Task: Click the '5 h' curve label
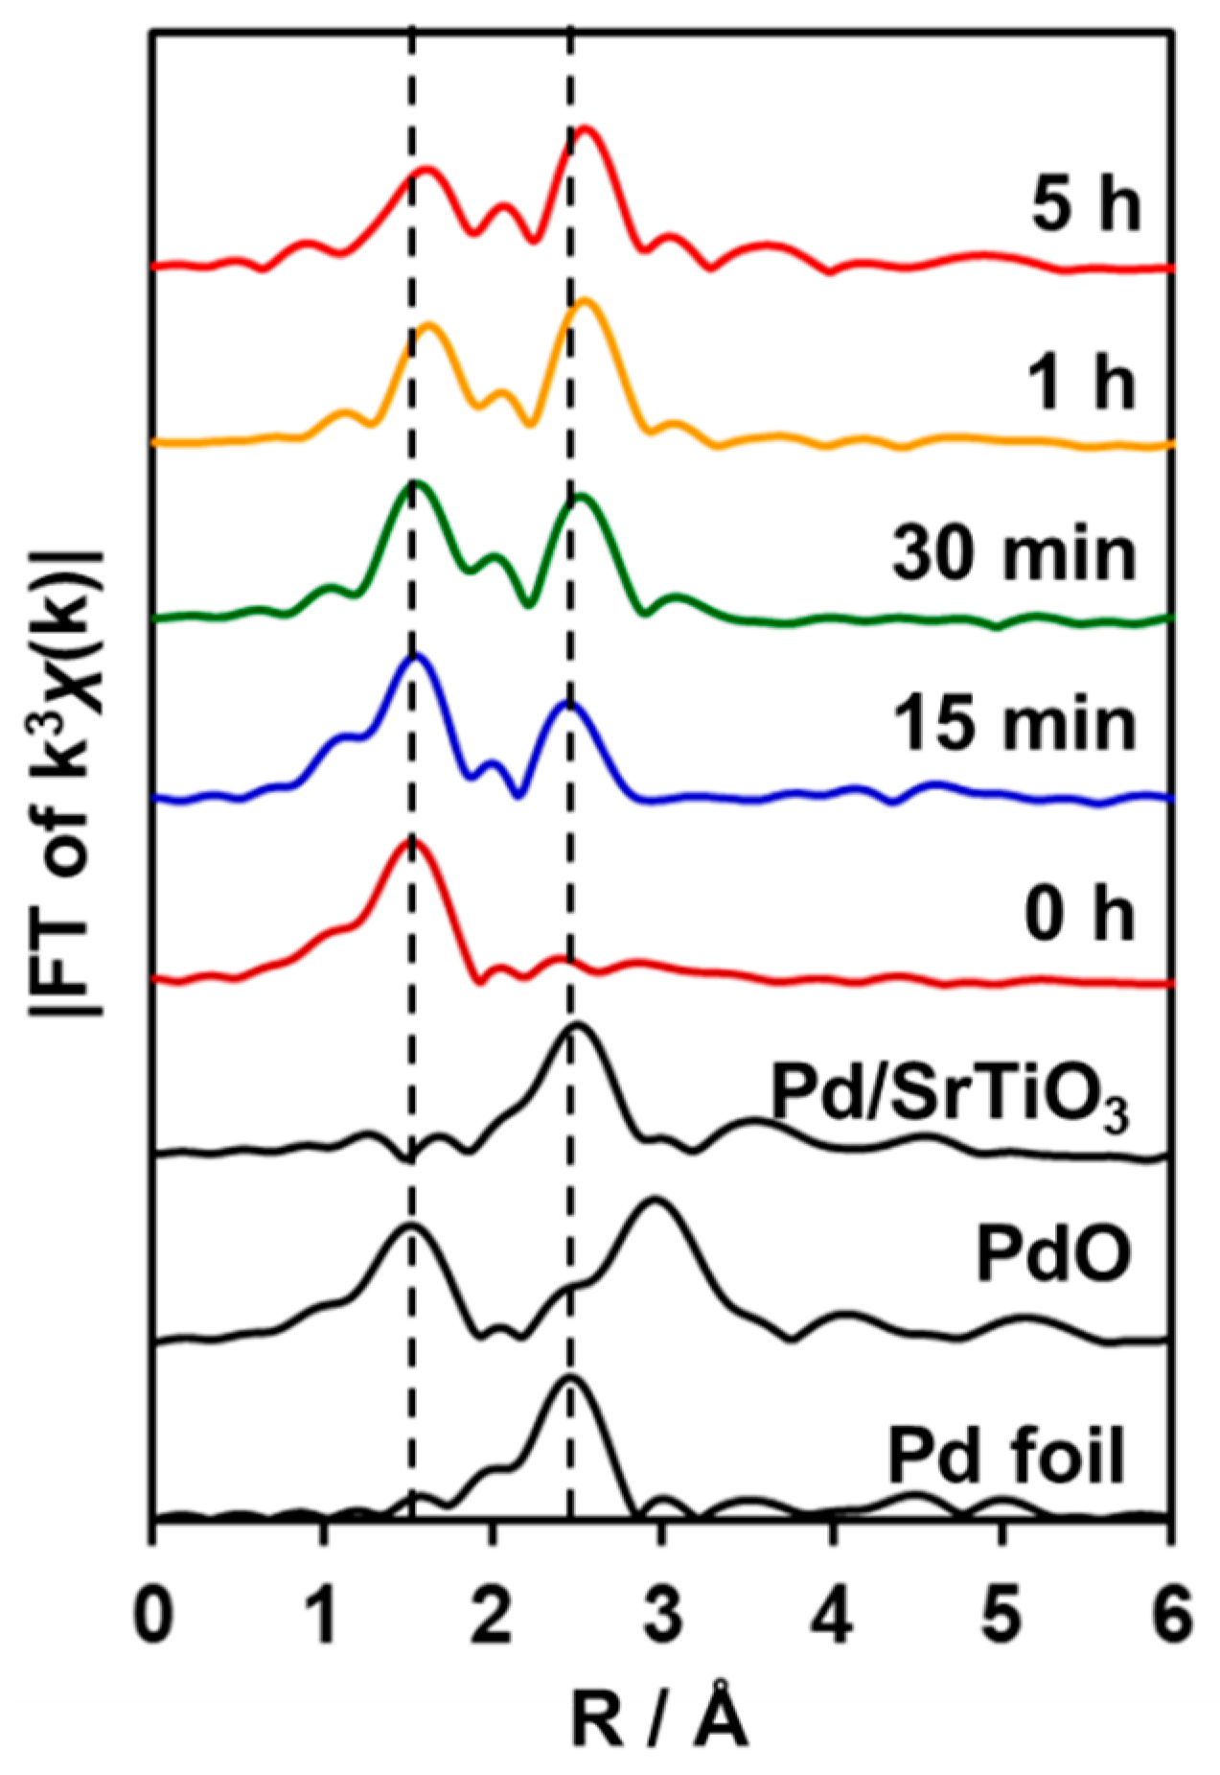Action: (1086, 204)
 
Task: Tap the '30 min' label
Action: (1014, 553)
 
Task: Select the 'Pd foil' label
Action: (1005, 1457)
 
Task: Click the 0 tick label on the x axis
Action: (153, 1611)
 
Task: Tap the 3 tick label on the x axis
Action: (662, 1611)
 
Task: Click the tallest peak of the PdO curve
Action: (656, 1200)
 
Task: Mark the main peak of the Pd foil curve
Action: (569, 1378)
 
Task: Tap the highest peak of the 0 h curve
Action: (412, 840)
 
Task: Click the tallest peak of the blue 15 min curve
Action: (415, 656)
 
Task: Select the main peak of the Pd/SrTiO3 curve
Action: (576, 1026)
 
